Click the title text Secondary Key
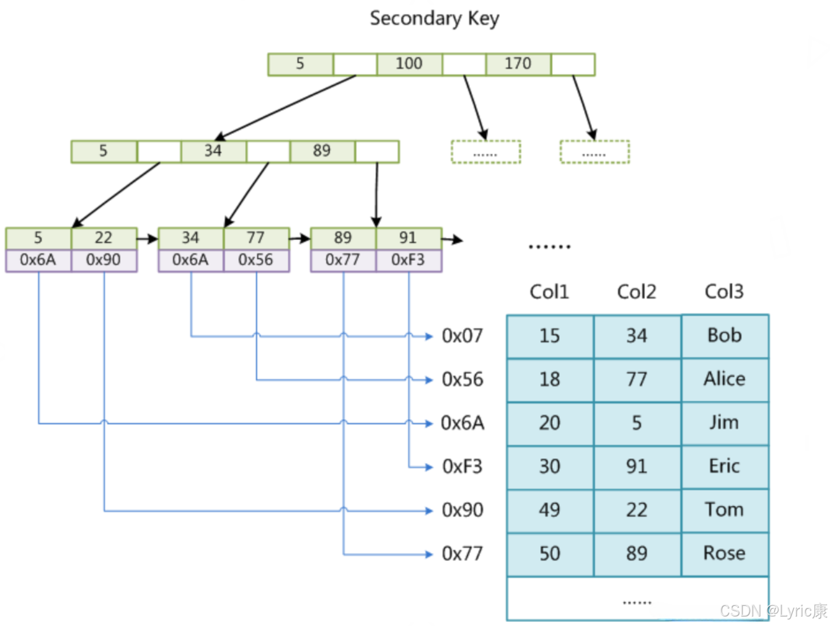click(434, 18)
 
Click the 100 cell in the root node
click(409, 64)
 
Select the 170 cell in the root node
click(518, 64)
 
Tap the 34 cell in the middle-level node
click(213, 151)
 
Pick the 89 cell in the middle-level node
click(322, 151)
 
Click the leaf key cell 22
click(104, 238)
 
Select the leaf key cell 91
click(408, 238)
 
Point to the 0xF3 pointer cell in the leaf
click(408, 260)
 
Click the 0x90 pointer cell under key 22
click(104, 260)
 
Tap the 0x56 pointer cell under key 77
click(256, 260)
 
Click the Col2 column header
click(636, 292)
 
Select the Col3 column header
click(724, 292)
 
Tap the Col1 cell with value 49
click(550, 510)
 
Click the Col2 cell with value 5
click(637, 423)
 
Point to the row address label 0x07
click(462, 336)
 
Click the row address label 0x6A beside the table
click(462, 423)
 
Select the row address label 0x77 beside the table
click(462, 554)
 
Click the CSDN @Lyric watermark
click(773, 611)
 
